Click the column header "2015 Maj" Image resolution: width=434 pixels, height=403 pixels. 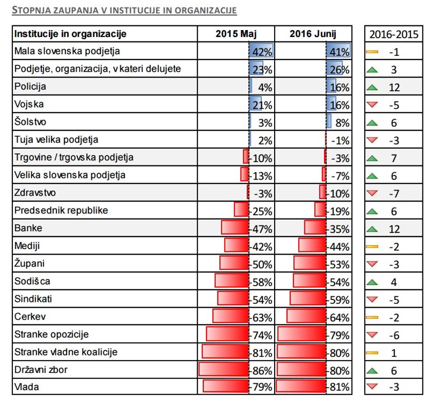[x=236, y=34]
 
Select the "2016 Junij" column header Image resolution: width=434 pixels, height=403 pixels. [x=313, y=34]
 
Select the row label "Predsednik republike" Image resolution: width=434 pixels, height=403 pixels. [x=61, y=210]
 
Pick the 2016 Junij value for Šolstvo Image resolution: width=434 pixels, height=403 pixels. [x=341, y=123]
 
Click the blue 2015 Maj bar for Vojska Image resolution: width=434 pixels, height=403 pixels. [x=255, y=104]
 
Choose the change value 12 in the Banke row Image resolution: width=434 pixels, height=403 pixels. [x=394, y=229]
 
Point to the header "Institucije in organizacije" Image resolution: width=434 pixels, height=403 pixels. [x=70, y=34]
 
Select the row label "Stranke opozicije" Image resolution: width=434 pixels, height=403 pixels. [x=51, y=334]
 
